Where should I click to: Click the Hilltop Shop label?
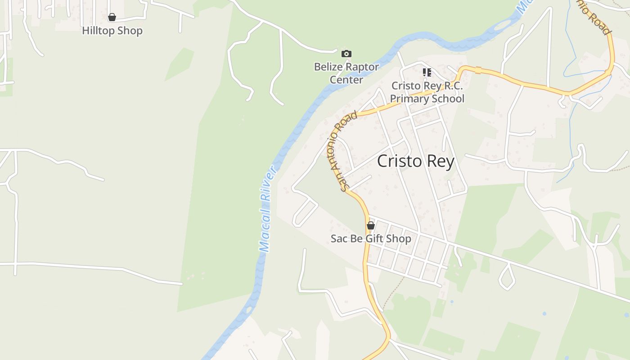[x=112, y=31]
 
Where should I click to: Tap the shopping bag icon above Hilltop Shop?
[x=112, y=17]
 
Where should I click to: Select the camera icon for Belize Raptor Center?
[x=346, y=54]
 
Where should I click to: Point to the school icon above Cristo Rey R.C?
[x=427, y=72]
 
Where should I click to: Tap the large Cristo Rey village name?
[x=415, y=161]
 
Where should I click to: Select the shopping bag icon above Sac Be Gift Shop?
[x=371, y=225]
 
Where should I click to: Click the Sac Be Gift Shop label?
[x=371, y=238]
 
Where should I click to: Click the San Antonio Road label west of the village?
[x=347, y=152]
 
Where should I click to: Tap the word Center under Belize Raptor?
[x=346, y=80]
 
